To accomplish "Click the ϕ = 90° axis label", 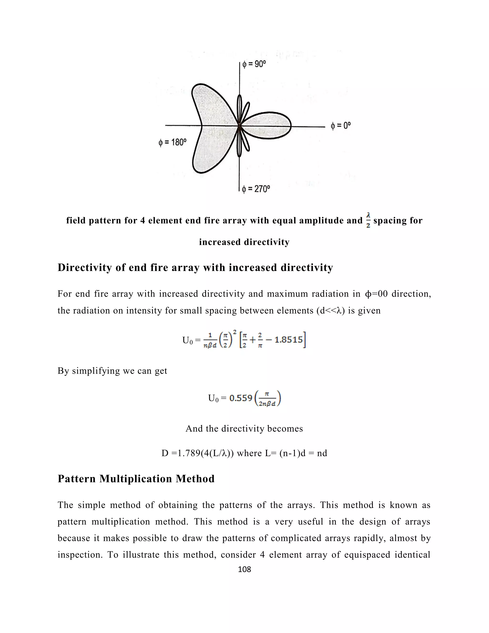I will tap(254, 64).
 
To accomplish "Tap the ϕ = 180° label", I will tap(172, 142).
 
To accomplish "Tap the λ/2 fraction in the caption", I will tap(368, 220).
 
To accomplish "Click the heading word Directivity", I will tap(85, 267).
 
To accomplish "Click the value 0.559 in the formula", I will tap(241, 398).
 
